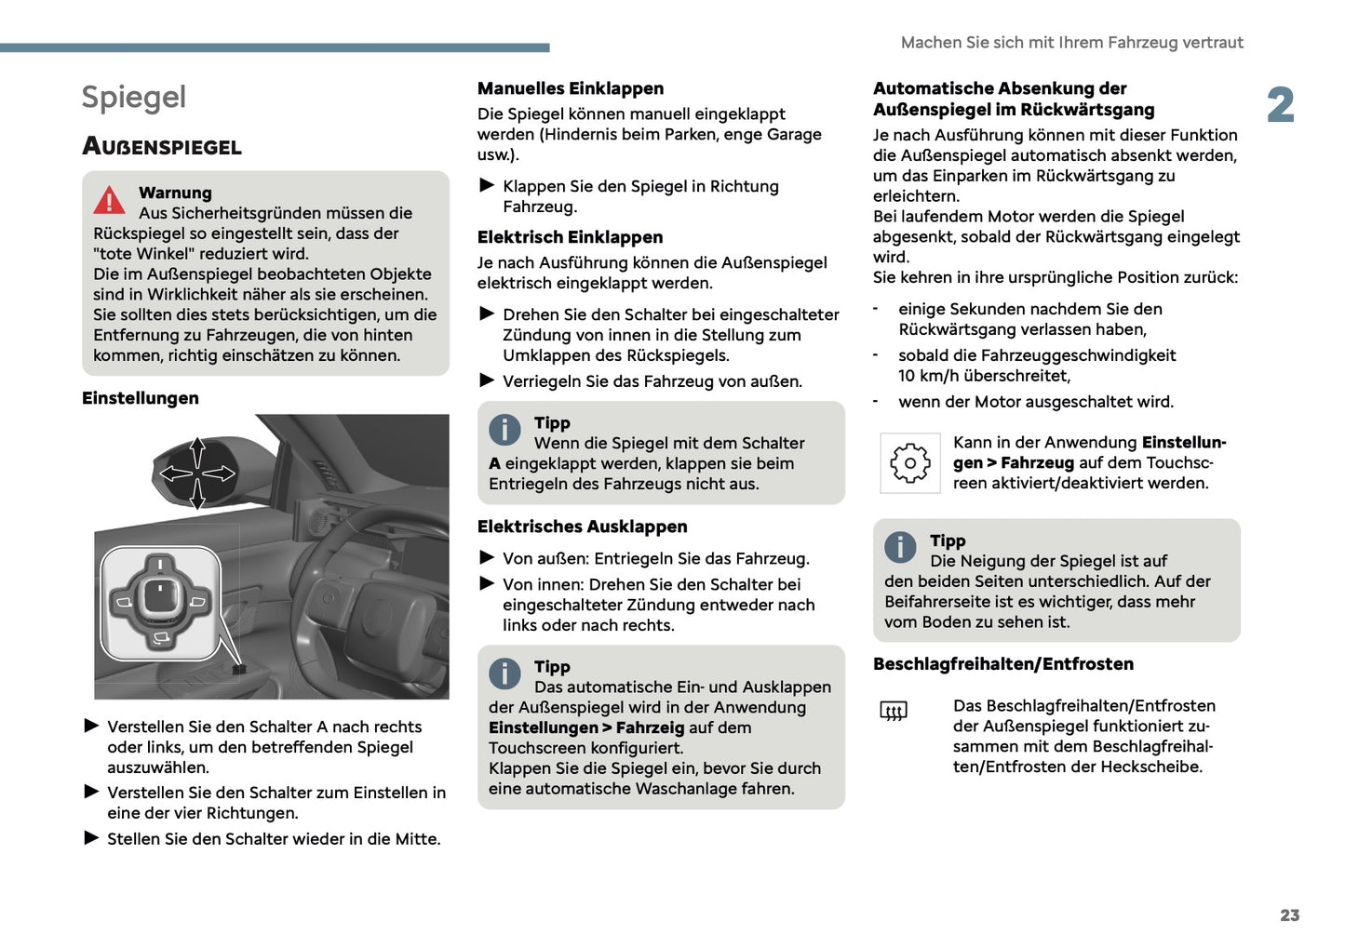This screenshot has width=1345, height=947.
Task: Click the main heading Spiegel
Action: tap(134, 98)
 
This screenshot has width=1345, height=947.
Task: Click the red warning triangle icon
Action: tap(109, 200)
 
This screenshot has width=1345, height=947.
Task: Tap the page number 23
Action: tap(1289, 915)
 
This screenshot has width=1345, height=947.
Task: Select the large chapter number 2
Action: tap(1281, 105)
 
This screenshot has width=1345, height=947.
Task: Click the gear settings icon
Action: tap(909, 463)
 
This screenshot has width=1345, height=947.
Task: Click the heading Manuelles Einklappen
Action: tap(570, 88)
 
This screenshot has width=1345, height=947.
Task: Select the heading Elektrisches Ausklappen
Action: tap(582, 527)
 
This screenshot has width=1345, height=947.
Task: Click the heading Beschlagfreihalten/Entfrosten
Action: tap(1002, 664)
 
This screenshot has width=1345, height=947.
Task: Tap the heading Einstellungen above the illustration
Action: tap(141, 398)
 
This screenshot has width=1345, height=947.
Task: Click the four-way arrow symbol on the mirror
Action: tap(197, 473)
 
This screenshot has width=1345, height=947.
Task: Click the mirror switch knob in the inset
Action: tap(160, 595)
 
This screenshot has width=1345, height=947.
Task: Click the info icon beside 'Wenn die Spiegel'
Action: tap(504, 430)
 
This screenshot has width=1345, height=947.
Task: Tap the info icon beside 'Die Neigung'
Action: tap(900, 547)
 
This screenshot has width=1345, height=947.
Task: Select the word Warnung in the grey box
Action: tap(175, 193)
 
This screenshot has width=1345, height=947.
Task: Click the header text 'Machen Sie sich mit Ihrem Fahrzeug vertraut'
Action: tap(1071, 43)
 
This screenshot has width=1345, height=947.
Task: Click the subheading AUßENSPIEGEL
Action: tap(162, 147)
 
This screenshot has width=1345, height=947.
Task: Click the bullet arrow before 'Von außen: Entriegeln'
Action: tap(487, 558)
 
